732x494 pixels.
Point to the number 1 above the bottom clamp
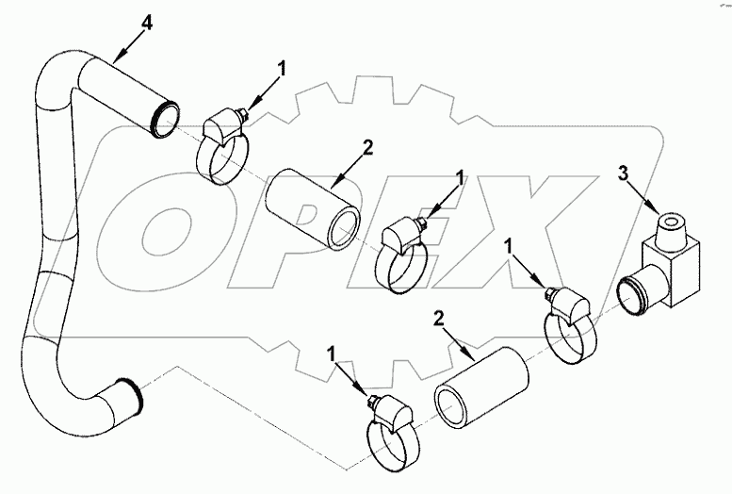[332, 353]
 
